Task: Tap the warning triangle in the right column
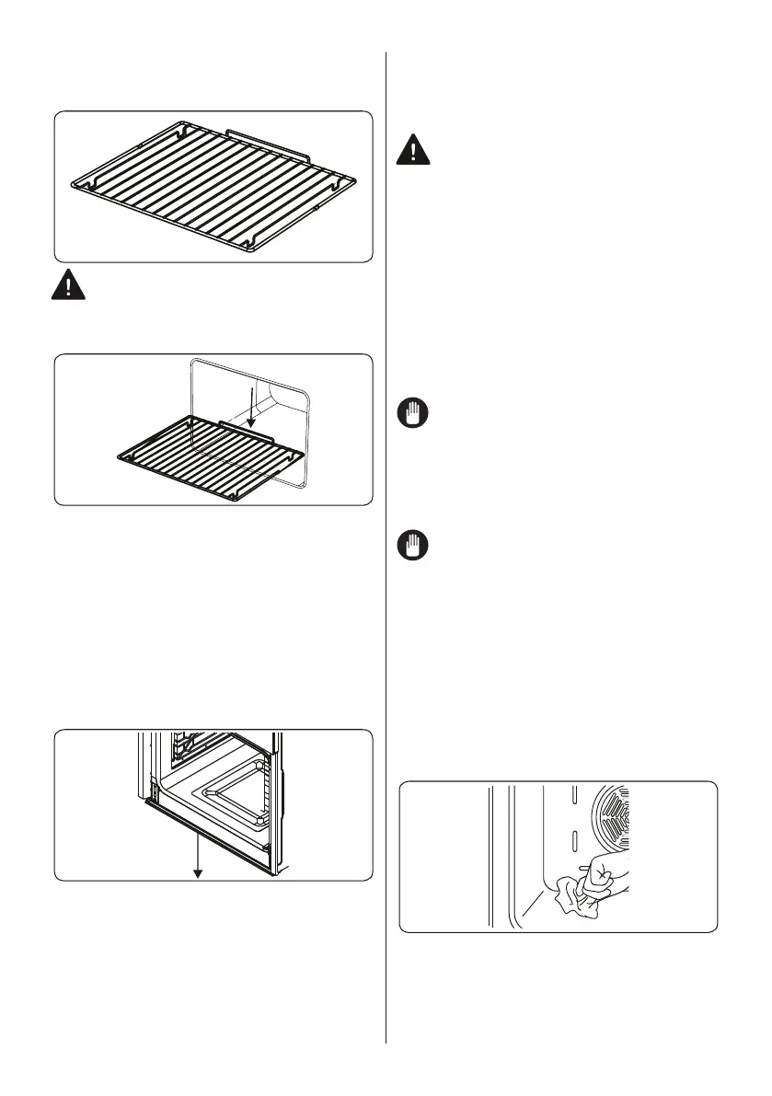pyautogui.click(x=416, y=150)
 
